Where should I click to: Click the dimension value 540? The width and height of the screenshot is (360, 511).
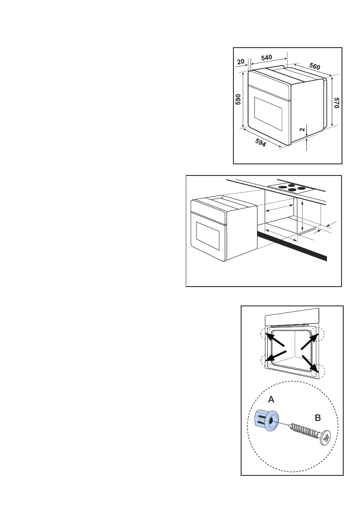[x=266, y=57]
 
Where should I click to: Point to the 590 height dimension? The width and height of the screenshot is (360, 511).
[x=238, y=100]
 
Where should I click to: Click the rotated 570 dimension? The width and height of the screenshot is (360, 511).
[x=337, y=103]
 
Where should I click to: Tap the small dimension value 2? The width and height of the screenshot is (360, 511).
[x=302, y=129]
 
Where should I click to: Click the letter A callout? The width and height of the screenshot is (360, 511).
[x=271, y=399]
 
